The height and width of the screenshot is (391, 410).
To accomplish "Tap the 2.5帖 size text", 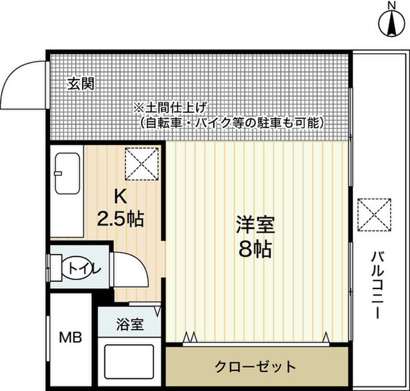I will (x=120, y=219).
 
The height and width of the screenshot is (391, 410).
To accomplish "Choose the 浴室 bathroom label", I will (x=129, y=324).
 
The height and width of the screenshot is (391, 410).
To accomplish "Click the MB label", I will (x=70, y=337).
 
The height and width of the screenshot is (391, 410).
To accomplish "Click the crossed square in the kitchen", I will (x=140, y=163).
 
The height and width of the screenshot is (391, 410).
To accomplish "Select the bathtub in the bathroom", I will (x=131, y=363).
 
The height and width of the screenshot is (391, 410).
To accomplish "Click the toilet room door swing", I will (x=131, y=274).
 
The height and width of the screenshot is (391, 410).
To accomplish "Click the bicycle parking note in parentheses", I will (x=231, y=121).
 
